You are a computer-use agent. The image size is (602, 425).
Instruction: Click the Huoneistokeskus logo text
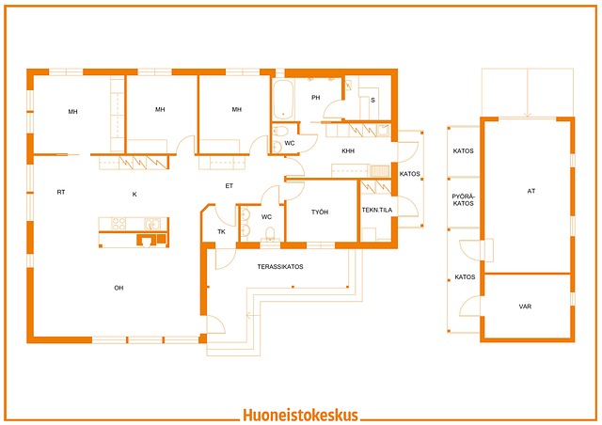click(x=301, y=416)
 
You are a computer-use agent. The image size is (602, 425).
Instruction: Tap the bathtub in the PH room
click(x=283, y=100)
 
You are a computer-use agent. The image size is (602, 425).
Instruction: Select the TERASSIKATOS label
click(x=280, y=266)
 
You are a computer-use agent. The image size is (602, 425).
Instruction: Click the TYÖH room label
click(x=320, y=212)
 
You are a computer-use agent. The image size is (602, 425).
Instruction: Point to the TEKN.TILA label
click(x=377, y=210)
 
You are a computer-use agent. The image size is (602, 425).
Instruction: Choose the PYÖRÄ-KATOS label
click(x=464, y=200)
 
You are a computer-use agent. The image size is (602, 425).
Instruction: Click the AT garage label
click(x=531, y=191)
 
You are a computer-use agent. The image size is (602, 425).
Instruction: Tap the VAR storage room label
click(x=525, y=307)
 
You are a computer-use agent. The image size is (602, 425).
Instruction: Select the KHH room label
click(x=348, y=150)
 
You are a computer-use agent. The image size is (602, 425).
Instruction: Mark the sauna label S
click(x=372, y=101)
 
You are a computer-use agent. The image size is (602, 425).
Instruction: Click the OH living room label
click(x=119, y=288)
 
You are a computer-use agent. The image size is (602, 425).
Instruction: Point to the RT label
click(x=61, y=192)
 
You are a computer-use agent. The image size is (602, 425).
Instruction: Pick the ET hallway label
click(x=230, y=186)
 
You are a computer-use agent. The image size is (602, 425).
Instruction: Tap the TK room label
click(x=222, y=231)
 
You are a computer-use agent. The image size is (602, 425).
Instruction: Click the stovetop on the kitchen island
click(x=119, y=224)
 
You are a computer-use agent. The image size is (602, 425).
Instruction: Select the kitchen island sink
click(x=152, y=224)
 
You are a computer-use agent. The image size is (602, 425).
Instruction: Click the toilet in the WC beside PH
click(x=281, y=131)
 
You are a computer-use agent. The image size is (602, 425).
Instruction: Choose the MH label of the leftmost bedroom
click(x=73, y=112)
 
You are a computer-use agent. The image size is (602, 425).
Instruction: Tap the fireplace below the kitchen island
click(x=147, y=241)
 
